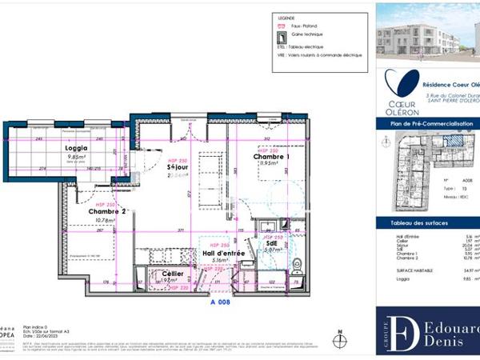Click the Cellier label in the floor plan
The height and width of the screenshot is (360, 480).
[173, 273]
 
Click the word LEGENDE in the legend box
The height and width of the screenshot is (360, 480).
[286, 18]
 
